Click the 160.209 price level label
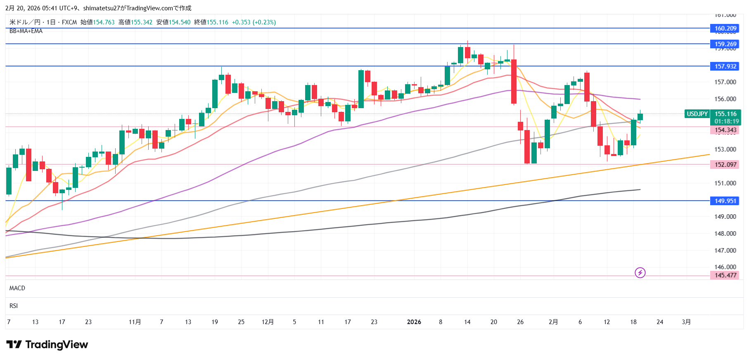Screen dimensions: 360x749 click(725, 28)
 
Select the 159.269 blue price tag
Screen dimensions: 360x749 click(725, 44)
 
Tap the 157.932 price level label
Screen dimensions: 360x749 click(725, 66)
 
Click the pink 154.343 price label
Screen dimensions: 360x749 click(725, 130)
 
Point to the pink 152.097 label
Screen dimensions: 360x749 click(725, 164)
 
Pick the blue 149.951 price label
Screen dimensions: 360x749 click(725, 201)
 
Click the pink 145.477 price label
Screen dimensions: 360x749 click(725, 275)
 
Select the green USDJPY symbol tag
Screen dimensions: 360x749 click(697, 114)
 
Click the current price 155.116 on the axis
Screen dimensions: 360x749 click(725, 114)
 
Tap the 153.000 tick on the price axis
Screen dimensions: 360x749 click(725, 149)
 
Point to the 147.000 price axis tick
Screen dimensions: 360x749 click(725, 250)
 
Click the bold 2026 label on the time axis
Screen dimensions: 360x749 click(414, 322)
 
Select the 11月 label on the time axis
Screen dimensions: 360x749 click(135, 322)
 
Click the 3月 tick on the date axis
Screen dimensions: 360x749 click(686, 322)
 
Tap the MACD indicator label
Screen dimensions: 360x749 click(17, 288)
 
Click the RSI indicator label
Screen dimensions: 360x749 click(14, 306)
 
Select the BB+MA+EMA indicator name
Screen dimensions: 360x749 click(26, 31)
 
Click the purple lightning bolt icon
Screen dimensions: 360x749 click(640, 272)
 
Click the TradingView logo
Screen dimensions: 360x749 click(47, 344)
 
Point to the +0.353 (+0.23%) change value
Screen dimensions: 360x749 click(254, 22)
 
